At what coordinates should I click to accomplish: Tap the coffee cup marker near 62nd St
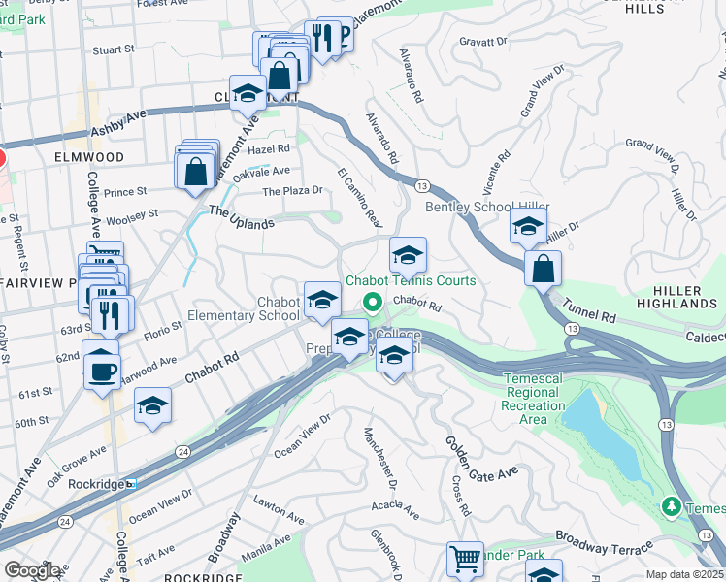tap(101, 370)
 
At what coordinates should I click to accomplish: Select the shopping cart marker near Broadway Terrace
tap(465, 560)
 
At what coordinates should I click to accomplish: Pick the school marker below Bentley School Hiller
tap(527, 229)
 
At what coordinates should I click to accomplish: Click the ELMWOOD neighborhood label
tap(89, 156)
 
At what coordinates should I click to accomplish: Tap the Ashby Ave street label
tap(117, 122)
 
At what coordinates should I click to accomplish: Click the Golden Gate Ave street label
tap(481, 462)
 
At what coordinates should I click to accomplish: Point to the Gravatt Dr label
tap(482, 42)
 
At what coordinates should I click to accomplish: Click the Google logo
tap(31, 569)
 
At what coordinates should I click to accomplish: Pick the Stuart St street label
tap(113, 48)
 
